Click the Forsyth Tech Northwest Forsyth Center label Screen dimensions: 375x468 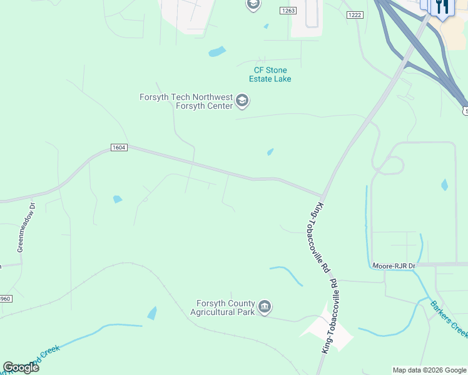click(186, 101)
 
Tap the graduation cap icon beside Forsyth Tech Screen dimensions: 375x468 click(243, 101)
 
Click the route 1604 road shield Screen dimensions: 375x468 click(119, 147)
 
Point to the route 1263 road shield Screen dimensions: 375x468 click(288, 11)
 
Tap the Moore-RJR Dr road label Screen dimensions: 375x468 click(394, 266)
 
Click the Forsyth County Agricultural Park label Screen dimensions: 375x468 click(223, 307)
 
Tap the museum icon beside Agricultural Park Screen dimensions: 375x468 click(265, 307)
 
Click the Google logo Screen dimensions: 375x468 click(21, 367)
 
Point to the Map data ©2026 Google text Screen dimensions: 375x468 click(430, 370)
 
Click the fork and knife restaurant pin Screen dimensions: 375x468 click(443, 6)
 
